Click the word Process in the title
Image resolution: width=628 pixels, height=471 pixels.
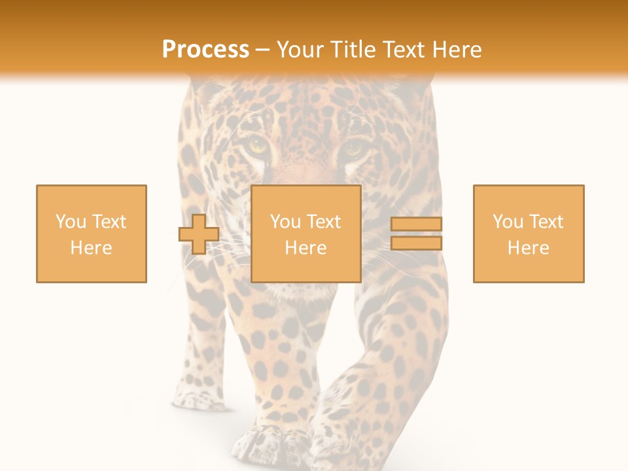[205, 50]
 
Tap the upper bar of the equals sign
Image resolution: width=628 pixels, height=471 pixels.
[416, 224]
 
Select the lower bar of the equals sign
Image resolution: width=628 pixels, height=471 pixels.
[416, 243]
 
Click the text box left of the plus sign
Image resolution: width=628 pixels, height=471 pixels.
[92, 234]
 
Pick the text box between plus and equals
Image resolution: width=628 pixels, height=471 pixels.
[306, 234]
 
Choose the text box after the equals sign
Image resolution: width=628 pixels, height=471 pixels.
[529, 234]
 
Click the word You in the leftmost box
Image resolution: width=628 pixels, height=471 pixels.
[71, 222]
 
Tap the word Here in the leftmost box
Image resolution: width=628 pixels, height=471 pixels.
[92, 248]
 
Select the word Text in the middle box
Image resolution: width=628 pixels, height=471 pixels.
[324, 222]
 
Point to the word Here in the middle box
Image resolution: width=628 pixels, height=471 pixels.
[306, 248]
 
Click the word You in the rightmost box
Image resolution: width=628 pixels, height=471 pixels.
[508, 222]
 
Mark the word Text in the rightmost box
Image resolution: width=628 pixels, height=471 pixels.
[546, 222]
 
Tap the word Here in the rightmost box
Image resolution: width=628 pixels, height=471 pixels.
[529, 248]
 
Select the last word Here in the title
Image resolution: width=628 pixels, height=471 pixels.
[456, 50]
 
